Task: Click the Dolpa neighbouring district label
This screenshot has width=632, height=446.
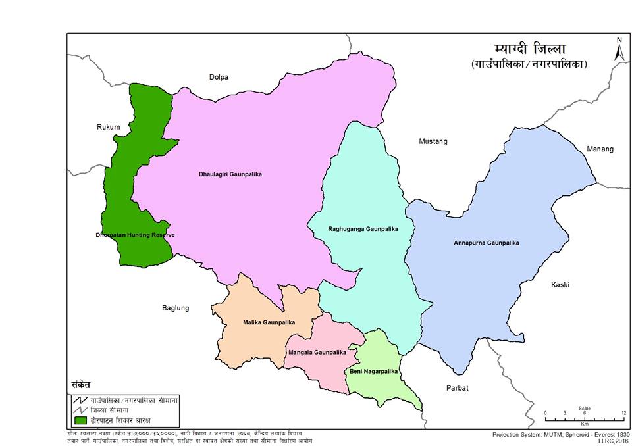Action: [x=219, y=77]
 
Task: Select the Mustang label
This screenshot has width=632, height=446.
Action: [x=433, y=141]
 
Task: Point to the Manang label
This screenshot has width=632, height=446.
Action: [x=600, y=149]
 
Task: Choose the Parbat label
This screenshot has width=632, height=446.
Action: [x=457, y=388]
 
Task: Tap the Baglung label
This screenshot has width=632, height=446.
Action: [x=176, y=308]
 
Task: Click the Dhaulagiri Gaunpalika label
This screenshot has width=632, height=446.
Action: [x=230, y=174]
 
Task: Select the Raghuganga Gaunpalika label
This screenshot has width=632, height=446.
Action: [x=363, y=229]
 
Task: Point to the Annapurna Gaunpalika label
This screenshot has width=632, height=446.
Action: [x=487, y=243]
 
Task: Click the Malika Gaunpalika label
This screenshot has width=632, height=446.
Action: [x=259, y=322]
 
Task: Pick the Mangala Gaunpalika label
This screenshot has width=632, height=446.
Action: [x=317, y=353]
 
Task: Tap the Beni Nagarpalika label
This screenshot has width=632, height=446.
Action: [x=373, y=372]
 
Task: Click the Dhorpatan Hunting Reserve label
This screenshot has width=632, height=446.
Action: [x=136, y=235]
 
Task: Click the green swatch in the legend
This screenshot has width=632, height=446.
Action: [x=81, y=420]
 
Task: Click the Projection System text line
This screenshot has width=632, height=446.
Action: [x=561, y=435]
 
